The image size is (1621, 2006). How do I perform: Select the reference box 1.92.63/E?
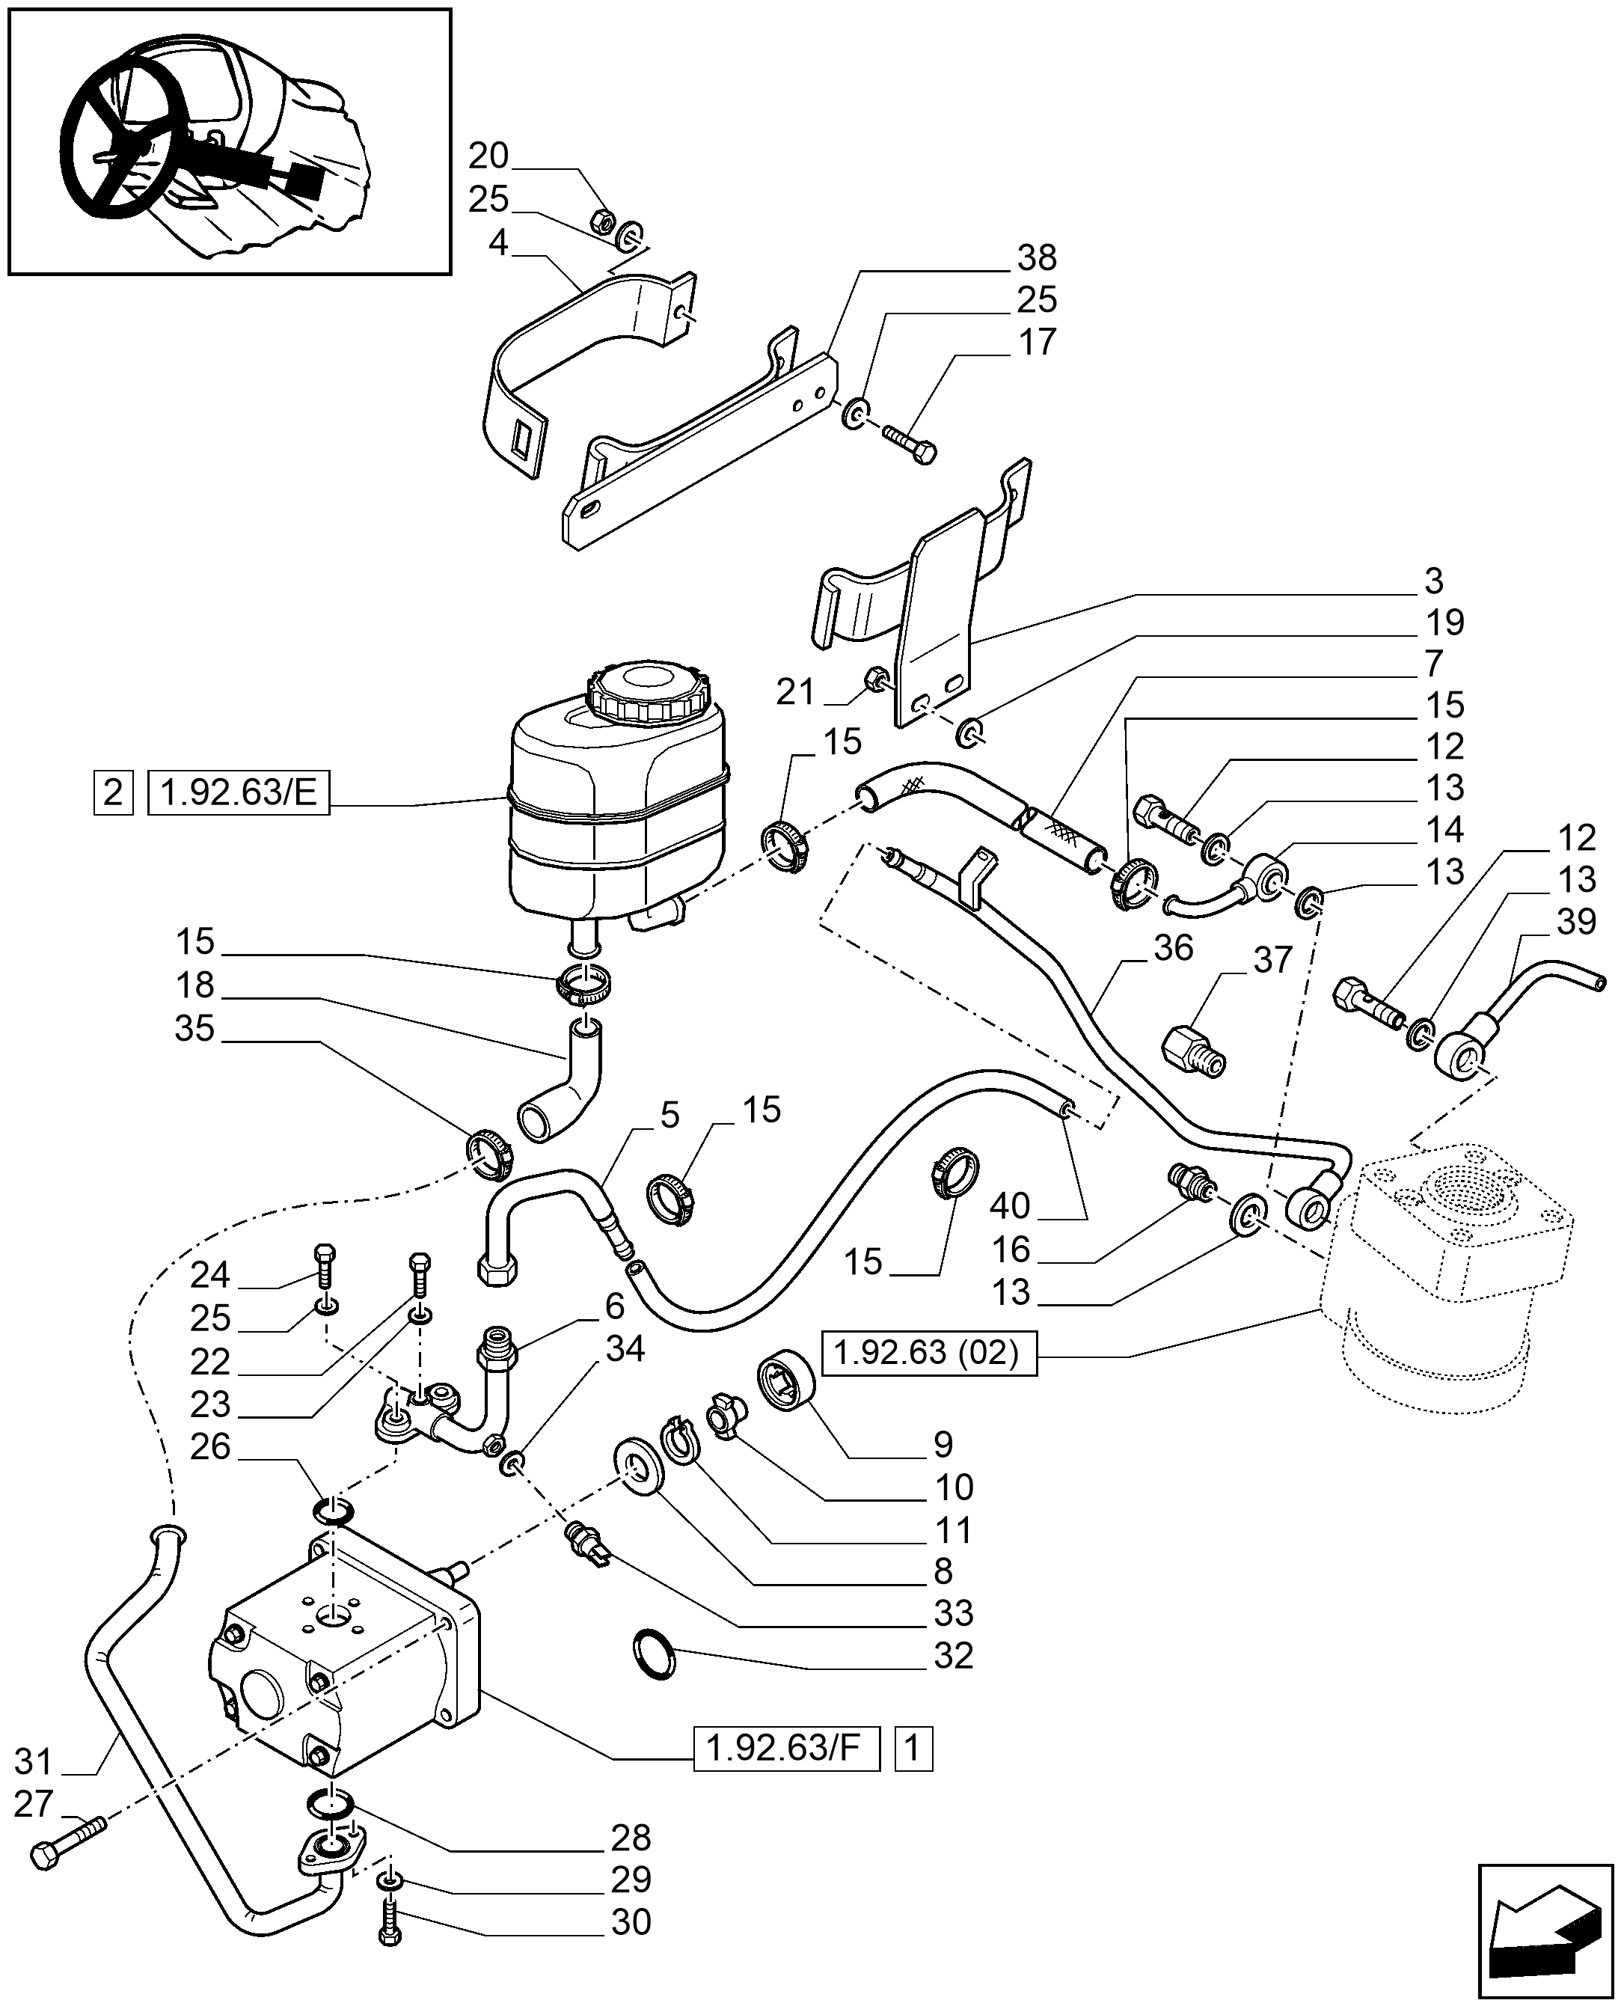[x=239, y=793]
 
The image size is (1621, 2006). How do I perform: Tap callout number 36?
[x=1173, y=949]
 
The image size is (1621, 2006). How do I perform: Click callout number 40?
[x=1009, y=1205]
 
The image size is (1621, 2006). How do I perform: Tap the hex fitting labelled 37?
[x=1195, y=1051]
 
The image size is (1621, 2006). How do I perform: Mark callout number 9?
[x=944, y=1444]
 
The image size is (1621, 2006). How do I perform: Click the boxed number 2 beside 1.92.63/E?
[x=112, y=793]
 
